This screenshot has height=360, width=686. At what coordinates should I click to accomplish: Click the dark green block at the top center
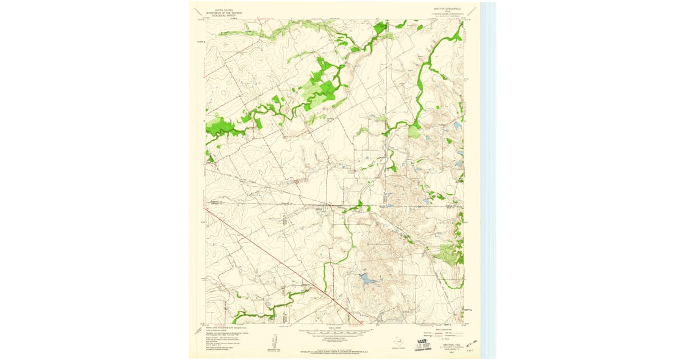pos(380,27)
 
